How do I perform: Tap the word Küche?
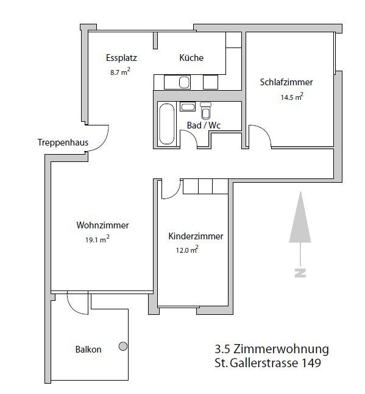[x=191, y=58]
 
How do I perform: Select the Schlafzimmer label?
[x=286, y=82]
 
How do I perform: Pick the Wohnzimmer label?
[x=102, y=225]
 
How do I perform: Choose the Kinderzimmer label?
[x=196, y=236]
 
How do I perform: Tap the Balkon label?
[x=88, y=350]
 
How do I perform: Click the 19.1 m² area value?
[x=97, y=239]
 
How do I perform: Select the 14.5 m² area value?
[x=291, y=97]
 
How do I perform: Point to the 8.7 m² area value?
[x=119, y=72]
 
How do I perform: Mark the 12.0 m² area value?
[x=186, y=250]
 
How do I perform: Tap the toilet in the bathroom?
[x=205, y=111]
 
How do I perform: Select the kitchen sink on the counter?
[x=184, y=82]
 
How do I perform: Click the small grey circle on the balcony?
[x=122, y=347]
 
